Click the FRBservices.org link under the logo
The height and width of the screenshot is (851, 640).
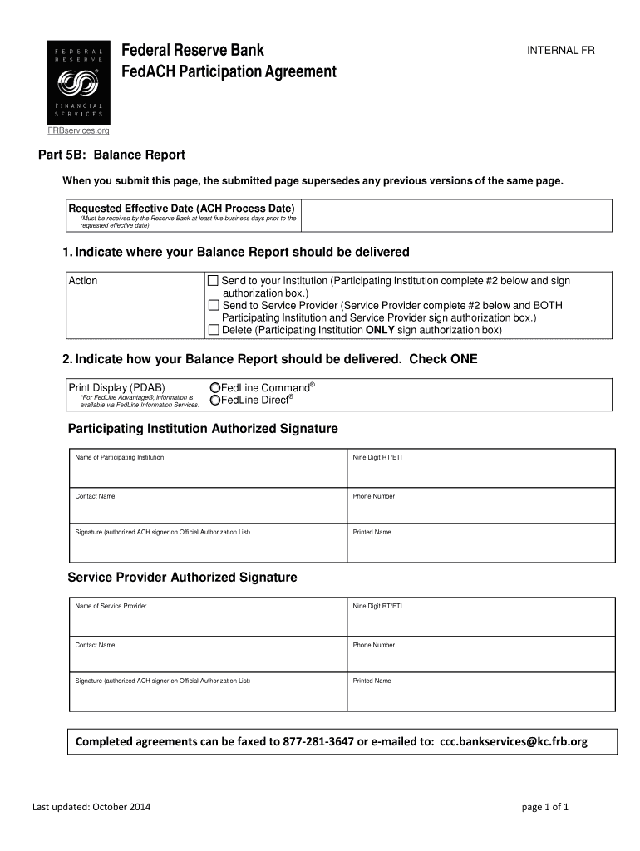tap(77, 130)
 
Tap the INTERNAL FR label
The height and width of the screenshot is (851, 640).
tap(561, 51)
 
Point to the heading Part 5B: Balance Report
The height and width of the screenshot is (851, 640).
tap(112, 155)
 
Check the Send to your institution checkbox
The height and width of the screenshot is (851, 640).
tap(214, 281)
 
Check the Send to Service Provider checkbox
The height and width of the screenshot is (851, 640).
tap(214, 306)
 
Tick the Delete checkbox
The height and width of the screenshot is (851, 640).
tap(214, 330)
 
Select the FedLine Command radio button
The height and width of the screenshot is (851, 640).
tap(215, 388)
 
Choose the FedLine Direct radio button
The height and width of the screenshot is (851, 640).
tap(215, 401)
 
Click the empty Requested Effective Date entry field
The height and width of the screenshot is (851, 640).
tap(457, 216)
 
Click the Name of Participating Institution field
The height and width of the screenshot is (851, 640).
tap(208, 472)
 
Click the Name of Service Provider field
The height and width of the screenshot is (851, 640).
tap(208, 621)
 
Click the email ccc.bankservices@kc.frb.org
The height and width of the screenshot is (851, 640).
tap(514, 742)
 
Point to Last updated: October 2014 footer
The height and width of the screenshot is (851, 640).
tap(91, 807)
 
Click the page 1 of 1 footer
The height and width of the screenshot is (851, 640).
tap(544, 807)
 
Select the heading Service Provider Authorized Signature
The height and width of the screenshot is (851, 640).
tap(182, 578)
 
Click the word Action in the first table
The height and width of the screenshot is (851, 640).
tap(83, 281)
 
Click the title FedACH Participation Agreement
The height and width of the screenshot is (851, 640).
tap(229, 72)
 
